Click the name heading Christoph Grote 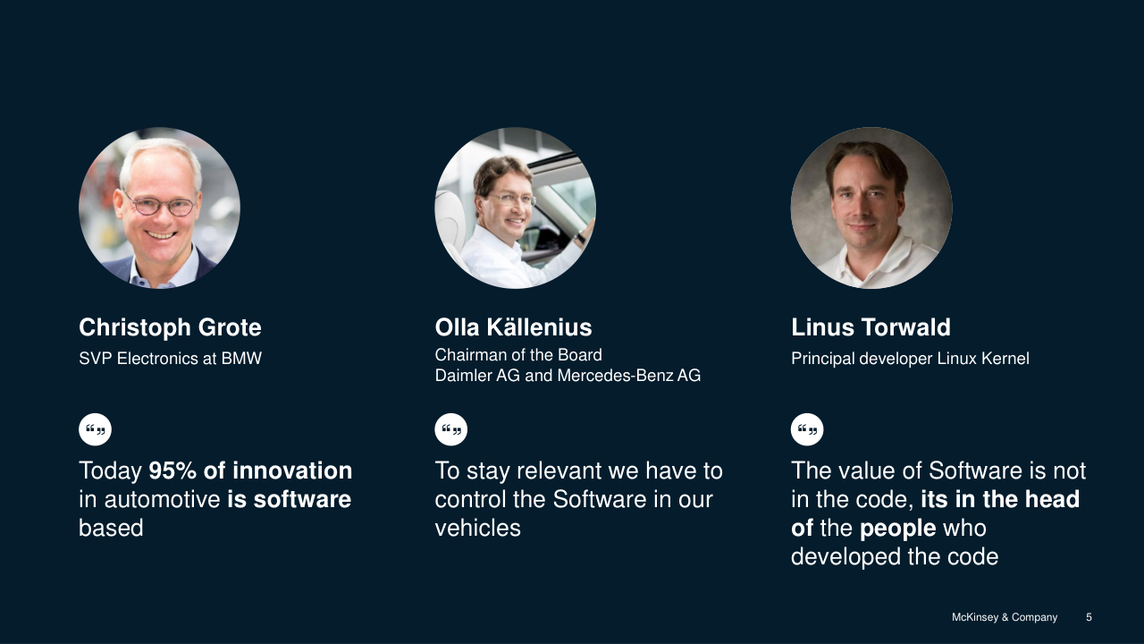[170, 327]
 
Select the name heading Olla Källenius [513, 327]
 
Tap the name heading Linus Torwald [871, 327]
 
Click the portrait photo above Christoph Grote [159, 208]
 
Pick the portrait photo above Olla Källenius [516, 208]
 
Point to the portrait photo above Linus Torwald [871, 208]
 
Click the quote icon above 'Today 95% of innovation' [95, 429]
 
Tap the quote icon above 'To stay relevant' [451, 429]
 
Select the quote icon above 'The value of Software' [807, 429]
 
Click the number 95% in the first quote [172, 470]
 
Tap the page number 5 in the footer [1089, 617]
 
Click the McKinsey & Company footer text [1005, 617]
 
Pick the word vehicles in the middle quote [477, 528]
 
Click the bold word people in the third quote [898, 529]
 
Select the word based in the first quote [111, 528]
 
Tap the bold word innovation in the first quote [292, 470]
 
